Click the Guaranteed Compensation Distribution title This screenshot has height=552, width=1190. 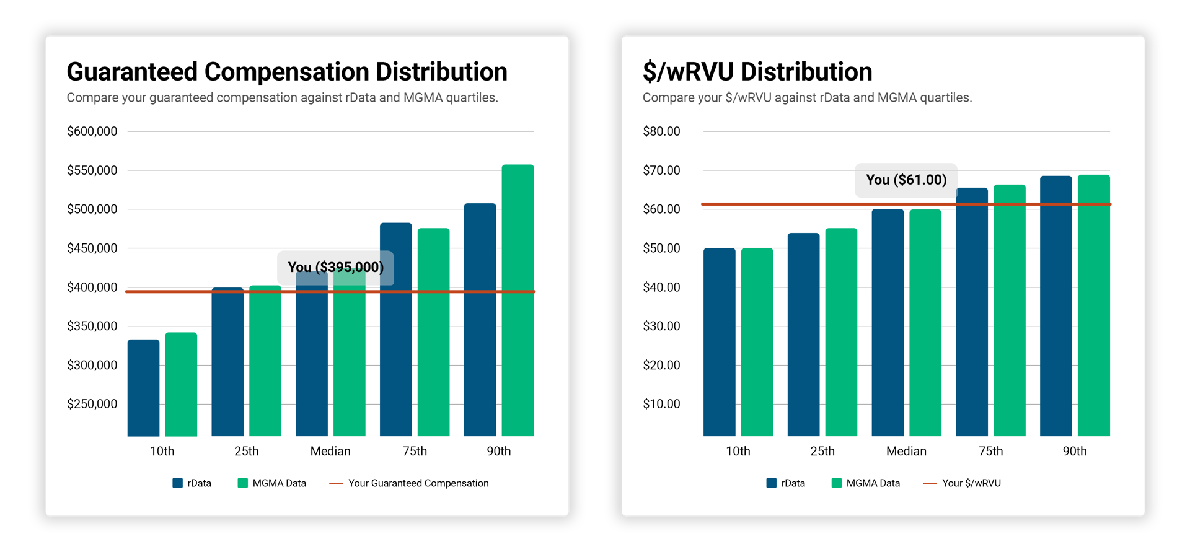[x=286, y=72]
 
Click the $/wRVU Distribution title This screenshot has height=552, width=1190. [x=757, y=72]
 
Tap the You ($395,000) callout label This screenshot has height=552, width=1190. [x=335, y=268]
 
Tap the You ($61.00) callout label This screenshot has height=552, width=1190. [x=906, y=180]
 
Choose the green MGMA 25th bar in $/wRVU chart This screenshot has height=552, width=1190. [x=841, y=332]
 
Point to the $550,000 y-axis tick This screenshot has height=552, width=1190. [x=92, y=170]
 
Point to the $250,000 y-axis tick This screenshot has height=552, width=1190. [x=92, y=404]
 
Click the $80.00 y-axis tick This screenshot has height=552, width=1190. [x=661, y=131]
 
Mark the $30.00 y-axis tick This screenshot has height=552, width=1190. [x=661, y=326]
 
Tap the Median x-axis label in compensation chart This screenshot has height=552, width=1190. [x=330, y=451]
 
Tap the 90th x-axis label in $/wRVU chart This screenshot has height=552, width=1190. [x=1075, y=451]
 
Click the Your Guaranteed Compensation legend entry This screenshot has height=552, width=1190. [x=418, y=483]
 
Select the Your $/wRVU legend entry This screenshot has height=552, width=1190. [x=971, y=483]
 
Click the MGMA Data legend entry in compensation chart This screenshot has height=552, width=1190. [x=278, y=483]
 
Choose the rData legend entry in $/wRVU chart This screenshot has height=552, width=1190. [x=792, y=483]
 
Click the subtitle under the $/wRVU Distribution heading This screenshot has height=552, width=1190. [x=807, y=98]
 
